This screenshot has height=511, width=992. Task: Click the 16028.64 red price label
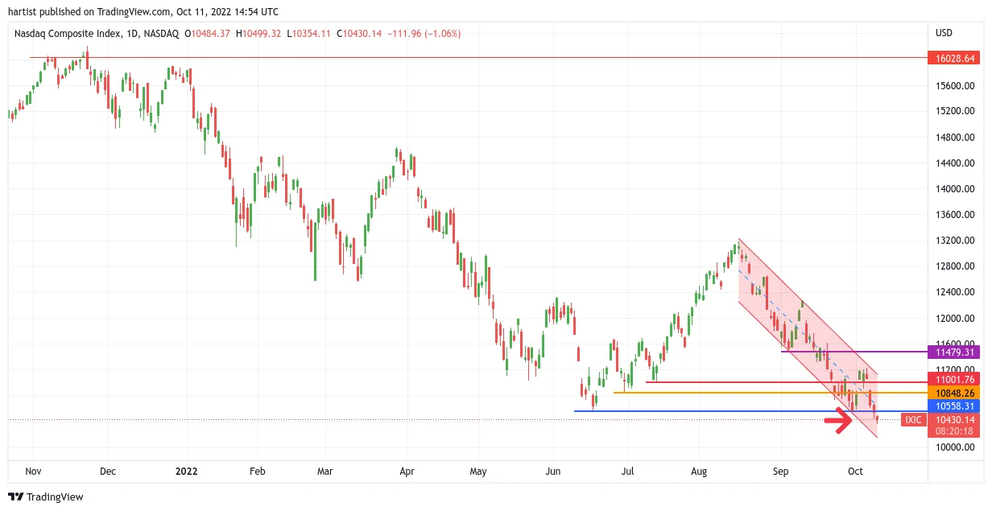point(953,59)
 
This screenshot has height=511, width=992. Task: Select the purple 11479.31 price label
point(953,352)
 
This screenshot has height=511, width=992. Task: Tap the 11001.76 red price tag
point(953,380)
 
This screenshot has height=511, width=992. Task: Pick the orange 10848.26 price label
point(953,393)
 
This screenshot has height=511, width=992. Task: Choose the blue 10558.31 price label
point(953,406)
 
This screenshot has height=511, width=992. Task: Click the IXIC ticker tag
point(913,420)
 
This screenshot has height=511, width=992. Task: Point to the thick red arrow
point(838,420)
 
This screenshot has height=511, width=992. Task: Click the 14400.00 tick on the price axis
point(955,163)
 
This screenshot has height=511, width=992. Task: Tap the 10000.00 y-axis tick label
point(955,447)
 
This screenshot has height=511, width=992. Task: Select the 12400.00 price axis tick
point(955,292)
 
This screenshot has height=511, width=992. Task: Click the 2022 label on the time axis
point(187,472)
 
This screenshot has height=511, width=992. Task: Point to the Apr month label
point(407,472)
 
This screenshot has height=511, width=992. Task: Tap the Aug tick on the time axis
point(699,472)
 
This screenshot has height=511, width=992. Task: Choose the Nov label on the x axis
point(33,472)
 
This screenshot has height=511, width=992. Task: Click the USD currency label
point(944,33)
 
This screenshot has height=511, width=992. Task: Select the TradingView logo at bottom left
point(46,497)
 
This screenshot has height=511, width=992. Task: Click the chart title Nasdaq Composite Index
point(68,34)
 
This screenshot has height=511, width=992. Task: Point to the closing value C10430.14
point(359,34)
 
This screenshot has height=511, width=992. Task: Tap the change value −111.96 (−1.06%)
point(424,34)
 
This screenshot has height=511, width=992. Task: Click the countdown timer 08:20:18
point(954,431)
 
